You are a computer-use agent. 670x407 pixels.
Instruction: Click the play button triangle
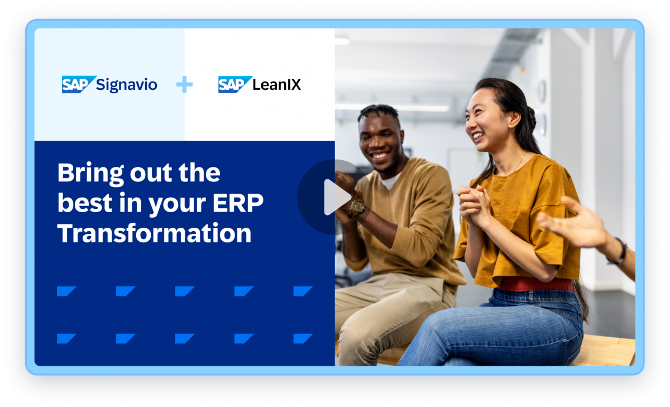(x=336, y=197)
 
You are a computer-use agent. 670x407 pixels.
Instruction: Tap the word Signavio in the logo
(x=127, y=85)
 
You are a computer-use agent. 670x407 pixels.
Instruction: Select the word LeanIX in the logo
(x=277, y=85)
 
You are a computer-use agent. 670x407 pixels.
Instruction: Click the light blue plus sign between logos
(x=184, y=85)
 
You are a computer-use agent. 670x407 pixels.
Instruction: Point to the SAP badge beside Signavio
(x=77, y=84)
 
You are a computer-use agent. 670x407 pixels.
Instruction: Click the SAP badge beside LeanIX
(x=234, y=84)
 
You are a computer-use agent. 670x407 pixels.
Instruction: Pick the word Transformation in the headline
(x=154, y=233)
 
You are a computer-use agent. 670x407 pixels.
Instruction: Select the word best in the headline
(x=80, y=204)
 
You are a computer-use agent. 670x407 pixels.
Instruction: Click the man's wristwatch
(x=357, y=207)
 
